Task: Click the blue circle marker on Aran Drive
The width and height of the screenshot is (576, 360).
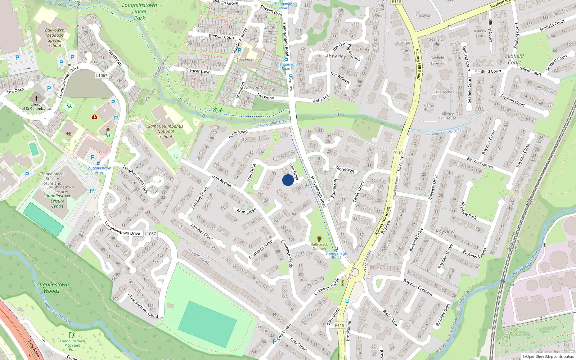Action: pos(288,180)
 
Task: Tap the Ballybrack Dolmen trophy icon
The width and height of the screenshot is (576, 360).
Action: pos(319,239)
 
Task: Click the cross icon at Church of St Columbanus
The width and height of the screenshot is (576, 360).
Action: pos(36,98)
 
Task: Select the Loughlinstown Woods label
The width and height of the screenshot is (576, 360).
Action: pos(51,288)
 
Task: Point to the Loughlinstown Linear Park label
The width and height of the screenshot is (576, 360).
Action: pos(140,12)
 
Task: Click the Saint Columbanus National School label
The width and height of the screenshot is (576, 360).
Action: pos(166,131)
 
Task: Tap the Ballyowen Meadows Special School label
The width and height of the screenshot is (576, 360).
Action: pos(55,38)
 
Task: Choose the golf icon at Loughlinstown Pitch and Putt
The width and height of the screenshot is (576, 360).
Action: pos(72,335)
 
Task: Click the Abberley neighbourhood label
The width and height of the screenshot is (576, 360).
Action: pos(336,57)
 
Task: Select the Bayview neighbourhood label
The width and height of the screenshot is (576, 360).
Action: pos(445,231)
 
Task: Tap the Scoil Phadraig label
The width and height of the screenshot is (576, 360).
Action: pos(248,59)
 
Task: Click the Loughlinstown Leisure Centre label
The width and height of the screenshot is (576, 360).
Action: pos(57,201)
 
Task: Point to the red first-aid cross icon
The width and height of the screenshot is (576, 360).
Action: pos(95,117)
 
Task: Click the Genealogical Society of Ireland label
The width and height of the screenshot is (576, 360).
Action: pos(53,179)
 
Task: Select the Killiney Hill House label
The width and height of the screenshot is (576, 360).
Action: pos(448,116)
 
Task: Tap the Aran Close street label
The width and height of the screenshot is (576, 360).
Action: pos(246,211)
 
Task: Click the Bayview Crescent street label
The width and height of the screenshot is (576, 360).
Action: pos(418,287)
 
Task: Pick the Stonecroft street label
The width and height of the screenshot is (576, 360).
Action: pos(345,169)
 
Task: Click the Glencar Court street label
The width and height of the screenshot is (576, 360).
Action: pos(221,37)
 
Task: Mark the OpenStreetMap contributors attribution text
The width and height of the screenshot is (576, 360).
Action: pos(548,356)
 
